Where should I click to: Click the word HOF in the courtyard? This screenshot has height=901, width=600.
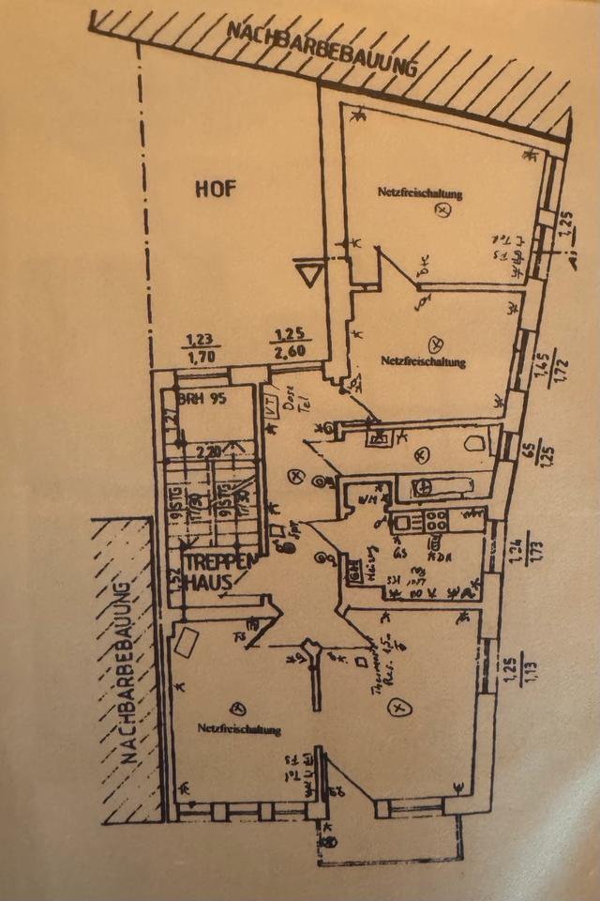point(216,188)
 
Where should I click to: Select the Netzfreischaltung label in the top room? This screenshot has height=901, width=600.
point(421,193)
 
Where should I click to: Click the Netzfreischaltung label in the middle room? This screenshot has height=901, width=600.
point(424,360)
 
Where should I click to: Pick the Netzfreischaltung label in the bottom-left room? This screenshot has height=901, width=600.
point(239,728)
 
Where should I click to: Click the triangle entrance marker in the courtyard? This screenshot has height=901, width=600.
point(307,276)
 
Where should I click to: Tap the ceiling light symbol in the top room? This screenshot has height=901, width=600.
point(442,212)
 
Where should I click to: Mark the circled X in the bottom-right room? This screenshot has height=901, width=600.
point(400,705)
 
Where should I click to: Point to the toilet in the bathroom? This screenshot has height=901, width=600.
point(475,443)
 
